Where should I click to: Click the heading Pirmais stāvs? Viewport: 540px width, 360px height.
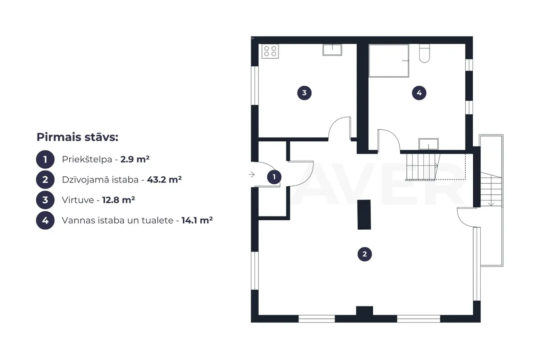click(x=78, y=137)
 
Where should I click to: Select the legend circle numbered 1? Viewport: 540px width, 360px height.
click(x=45, y=160)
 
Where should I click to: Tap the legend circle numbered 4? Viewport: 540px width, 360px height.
click(x=45, y=220)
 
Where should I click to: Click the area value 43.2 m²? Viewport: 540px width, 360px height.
click(x=164, y=180)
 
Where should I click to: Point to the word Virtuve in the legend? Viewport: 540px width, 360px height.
click(x=78, y=200)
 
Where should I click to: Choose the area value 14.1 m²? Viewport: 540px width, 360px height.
click(x=197, y=220)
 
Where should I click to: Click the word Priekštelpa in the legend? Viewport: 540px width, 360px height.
click(x=87, y=160)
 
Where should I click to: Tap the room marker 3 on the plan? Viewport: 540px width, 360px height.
click(x=305, y=93)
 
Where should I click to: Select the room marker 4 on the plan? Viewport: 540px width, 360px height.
click(x=419, y=93)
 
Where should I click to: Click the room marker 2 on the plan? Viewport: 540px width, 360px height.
click(x=365, y=254)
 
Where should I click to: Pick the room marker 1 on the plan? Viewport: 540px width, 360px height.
click(x=274, y=177)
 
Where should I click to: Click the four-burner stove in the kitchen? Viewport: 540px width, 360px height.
click(x=270, y=51)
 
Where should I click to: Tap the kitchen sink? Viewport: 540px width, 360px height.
click(x=333, y=50)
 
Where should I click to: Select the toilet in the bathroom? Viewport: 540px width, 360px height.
click(x=424, y=54)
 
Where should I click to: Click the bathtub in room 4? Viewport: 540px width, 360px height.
click(x=389, y=61)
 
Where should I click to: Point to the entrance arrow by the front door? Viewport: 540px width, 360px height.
click(x=252, y=175)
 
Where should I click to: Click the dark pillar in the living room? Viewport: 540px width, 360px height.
click(x=364, y=215)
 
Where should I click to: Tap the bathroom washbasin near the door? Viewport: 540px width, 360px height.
click(x=428, y=144)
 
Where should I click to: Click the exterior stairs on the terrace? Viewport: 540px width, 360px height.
click(x=491, y=189)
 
